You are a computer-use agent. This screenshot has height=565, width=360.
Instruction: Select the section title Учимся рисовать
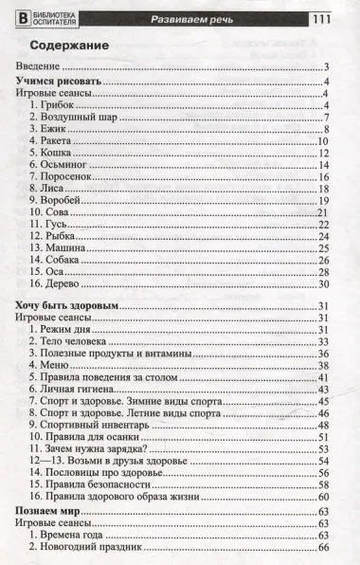(59, 83)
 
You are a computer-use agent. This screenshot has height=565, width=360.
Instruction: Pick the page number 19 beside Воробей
(322, 200)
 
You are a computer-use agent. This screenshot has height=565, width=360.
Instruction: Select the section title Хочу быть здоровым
(66, 305)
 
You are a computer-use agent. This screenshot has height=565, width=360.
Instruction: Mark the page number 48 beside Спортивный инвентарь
(322, 426)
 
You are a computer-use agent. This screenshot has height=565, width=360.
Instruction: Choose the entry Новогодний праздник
(99, 548)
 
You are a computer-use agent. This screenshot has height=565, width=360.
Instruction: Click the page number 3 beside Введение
(325, 66)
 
